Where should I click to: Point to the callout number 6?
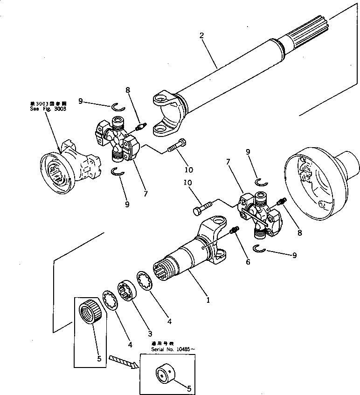(x=248, y=262)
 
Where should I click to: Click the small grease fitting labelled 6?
(x=235, y=230)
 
